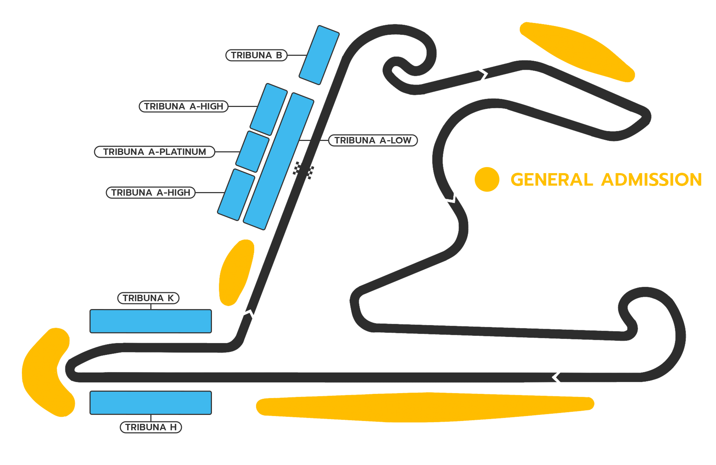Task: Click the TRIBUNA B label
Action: (256, 55)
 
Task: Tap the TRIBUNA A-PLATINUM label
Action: (155, 152)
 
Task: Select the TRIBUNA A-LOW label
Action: (373, 140)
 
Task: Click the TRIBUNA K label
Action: (148, 298)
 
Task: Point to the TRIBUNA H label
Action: (151, 427)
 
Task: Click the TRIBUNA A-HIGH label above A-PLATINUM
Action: (184, 106)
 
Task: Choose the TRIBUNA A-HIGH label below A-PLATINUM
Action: (151, 192)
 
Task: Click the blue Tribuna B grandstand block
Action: (319, 55)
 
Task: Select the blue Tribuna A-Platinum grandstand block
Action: (252, 151)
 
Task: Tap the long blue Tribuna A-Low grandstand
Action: (279, 161)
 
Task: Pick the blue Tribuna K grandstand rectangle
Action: (151, 321)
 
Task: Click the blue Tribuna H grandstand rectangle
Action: (151, 403)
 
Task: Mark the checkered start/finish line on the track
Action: (304, 170)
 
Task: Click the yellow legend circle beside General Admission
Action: (487, 179)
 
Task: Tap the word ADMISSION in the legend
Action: (651, 180)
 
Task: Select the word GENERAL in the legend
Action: (552, 180)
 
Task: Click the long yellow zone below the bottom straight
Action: (425, 407)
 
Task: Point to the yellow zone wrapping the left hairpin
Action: (47, 372)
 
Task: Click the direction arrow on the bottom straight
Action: (556, 377)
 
